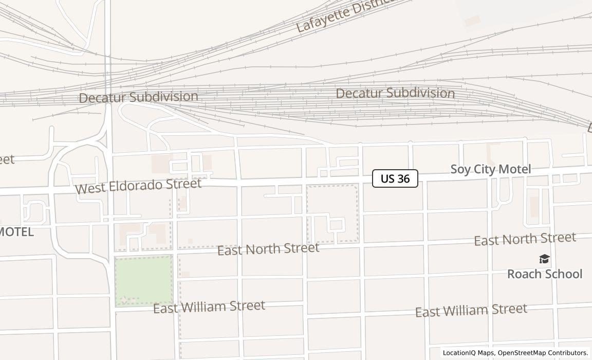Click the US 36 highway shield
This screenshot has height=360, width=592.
click(395, 178)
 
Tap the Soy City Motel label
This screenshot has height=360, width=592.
click(490, 169)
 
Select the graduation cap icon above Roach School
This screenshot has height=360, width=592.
click(544, 259)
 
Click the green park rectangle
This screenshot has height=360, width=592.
click(143, 280)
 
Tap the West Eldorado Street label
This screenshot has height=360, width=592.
click(138, 186)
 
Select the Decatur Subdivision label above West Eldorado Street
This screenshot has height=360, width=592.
click(138, 97)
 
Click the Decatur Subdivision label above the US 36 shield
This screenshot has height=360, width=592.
click(395, 93)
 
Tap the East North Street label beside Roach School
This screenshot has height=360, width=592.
click(525, 239)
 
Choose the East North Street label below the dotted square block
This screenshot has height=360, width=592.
click(268, 249)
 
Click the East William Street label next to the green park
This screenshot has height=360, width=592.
click(209, 307)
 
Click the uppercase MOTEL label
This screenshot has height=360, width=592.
click(16, 232)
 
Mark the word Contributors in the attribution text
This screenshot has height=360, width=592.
click(568, 353)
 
